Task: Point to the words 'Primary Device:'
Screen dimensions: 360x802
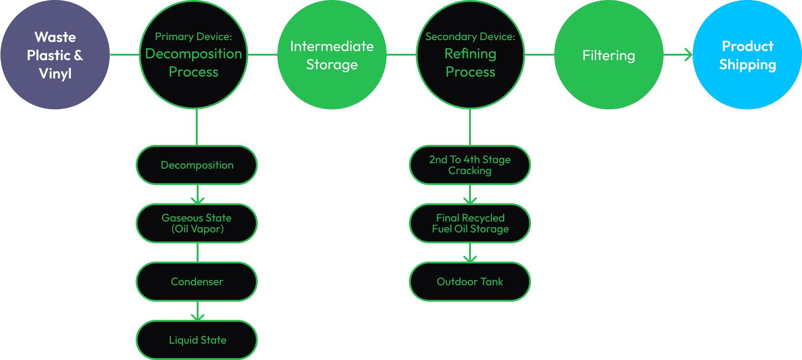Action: click(194, 36)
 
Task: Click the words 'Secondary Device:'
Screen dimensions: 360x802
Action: click(470, 36)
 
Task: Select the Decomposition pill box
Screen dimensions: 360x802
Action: click(197, 165)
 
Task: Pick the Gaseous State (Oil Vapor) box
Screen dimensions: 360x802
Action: click(197, 223)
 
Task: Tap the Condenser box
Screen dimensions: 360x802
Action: click(197, 282)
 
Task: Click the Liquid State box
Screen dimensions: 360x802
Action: click(197, 340)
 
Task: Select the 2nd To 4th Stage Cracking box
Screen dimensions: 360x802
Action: click(470, 165)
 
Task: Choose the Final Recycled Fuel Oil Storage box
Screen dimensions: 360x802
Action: click(470, 223)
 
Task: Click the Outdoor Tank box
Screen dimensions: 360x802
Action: click(470, 282)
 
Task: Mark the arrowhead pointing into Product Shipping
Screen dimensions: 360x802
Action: click(688, 55)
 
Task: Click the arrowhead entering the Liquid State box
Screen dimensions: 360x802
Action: click(197, 317)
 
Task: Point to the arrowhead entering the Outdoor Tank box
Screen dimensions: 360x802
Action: click(470, 259)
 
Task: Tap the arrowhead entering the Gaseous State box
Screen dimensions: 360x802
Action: click(197, 201)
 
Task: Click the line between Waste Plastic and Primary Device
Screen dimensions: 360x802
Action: click(124, 55)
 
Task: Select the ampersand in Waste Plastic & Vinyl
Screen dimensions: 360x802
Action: click(78, 55)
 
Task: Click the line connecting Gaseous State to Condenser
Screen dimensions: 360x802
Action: click(197, 252)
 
